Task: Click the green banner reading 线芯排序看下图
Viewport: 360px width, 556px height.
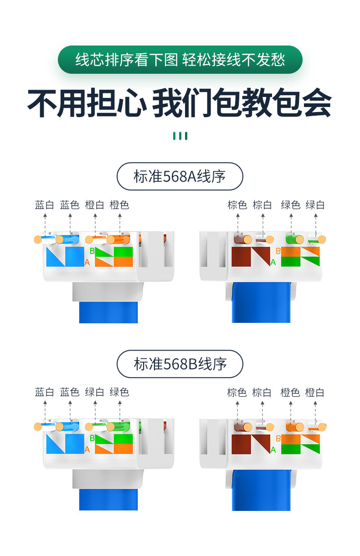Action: pyautogui.click(x=180, y=60)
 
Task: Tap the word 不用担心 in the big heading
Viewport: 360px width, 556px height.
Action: pyautogui.click(x=87, y=104)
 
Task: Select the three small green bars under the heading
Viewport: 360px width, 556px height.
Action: pyautogui.click(x=180, y=136)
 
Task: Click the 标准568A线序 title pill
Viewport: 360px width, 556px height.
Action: pyautogui.click(x=180, y=176)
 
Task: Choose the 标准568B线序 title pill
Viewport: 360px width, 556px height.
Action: pyautogui.click(x=180, y=364)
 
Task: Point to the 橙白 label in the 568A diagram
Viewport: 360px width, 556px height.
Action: pyautogui.click(x=95, y=205)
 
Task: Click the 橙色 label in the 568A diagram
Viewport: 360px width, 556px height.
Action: pyautogui.click(x=119, y=205)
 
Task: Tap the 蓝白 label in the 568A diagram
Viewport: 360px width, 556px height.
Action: pyautogui.click(x=45, y=205)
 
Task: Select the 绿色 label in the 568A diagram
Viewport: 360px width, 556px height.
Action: pyautogui.click(x=291, y=205)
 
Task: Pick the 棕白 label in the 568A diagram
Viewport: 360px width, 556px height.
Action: pyautogui.click(x=262, y=205)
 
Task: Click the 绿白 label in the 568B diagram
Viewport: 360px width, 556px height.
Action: pyautogui.click(x=95, y=392)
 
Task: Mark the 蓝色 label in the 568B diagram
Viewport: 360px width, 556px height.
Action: pyautogui.click(x=70, y=392)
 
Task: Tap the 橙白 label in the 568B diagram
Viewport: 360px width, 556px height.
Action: pyautogui.click(x=315, y=392)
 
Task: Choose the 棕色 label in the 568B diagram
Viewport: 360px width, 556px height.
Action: pyautogui.click(x=237, y=392)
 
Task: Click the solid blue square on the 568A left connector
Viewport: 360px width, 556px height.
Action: pyautogui.click(x=75, y=256)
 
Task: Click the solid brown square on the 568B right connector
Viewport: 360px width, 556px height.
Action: pyautogui.click(x=241, y=444)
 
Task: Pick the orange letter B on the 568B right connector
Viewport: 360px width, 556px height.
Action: pyautogui.click(x=278, y=439)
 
